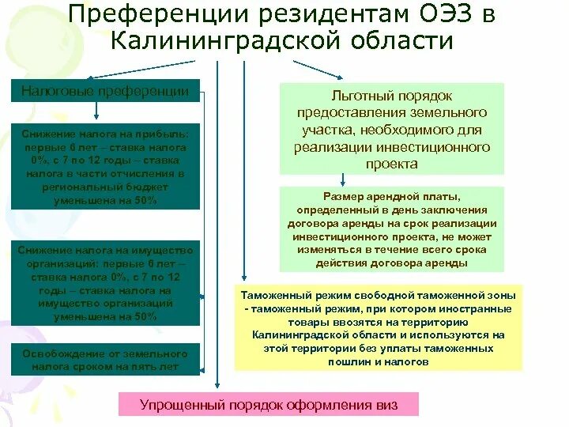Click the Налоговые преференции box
(104, 90)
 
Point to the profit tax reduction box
(105, 166)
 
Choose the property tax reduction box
(105, 282)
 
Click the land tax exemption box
(105, 360)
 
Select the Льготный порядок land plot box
(392, 128)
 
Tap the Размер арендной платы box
(392, 229)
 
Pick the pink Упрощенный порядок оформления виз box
(269, 405)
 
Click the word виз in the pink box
(386, 405)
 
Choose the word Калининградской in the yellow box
(292, 335)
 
